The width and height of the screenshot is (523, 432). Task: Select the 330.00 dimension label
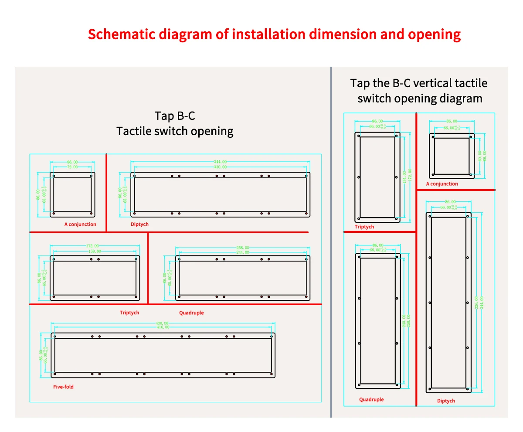(x=220, y=167)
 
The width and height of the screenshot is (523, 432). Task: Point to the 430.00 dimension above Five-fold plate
(x=163, y=323)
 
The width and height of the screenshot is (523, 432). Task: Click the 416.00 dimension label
(x=163, y=327)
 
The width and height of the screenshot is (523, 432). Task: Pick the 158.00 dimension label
(x=95, y=251)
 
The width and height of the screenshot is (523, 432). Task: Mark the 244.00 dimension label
(x=242, y=252)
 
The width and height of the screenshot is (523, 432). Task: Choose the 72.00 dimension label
(x=72, y=167)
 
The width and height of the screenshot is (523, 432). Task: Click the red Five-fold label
(x=63, y=387)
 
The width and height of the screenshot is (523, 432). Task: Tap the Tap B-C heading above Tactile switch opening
(x=175, y=116)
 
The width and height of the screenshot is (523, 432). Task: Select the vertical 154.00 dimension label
(x=404, y=177)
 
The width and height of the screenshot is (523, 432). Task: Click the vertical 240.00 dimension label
(x=404, y=321)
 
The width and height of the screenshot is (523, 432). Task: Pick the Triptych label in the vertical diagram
(x=364, y=227)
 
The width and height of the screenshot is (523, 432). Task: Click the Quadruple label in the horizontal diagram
(x=191, y=313)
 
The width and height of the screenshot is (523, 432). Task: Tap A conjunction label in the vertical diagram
(x=442, y=184)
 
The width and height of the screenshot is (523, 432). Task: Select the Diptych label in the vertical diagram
(x=446, y=401)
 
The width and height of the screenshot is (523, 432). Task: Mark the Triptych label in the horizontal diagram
(x=129, y=313)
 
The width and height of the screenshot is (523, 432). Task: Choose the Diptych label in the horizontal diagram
(x=139, y=224)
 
